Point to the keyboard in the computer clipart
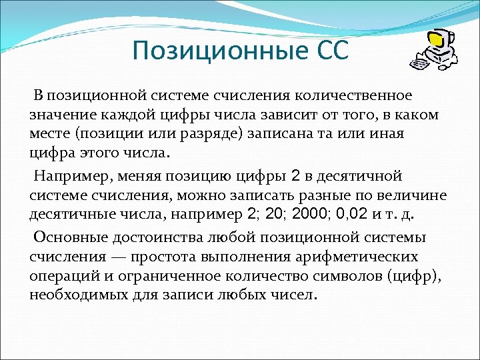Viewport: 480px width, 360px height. (419, 65)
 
